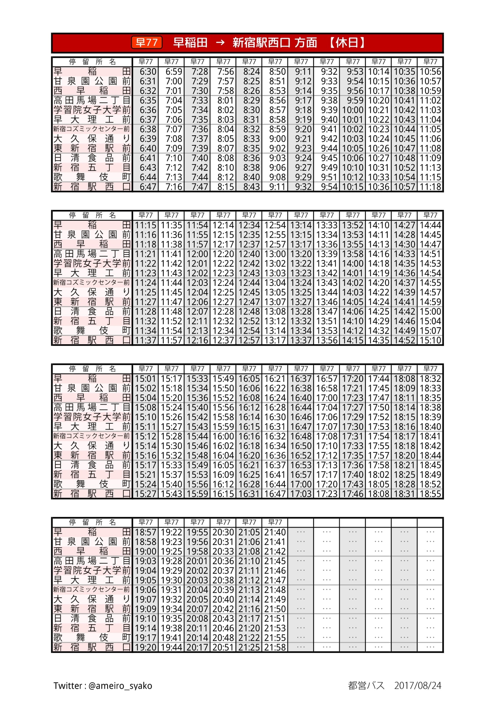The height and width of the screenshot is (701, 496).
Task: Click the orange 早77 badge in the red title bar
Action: click(x=147, y=42)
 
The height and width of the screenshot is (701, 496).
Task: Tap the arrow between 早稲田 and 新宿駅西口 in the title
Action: click(x=220, y=42)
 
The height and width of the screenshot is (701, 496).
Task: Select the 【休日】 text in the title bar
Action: click(x=347, y=42)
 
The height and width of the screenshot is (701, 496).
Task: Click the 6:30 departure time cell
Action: click(x=145, y=72)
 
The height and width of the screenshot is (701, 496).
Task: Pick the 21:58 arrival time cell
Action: click(x=275, y=647)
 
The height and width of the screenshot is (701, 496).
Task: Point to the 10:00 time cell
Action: click(x=353, y=110)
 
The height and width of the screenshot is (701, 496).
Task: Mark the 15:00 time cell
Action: click(x=430, y=312)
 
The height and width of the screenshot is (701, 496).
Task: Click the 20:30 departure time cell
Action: click(x=223, y=532)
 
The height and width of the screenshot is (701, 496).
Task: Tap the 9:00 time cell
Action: click(x=275, y=139)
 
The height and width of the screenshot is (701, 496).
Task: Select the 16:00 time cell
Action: click(x=223, y=436)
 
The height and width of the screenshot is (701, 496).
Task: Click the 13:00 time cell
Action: click(x=275, y=254)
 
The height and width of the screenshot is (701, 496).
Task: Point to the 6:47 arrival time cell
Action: click(x=145, y=187)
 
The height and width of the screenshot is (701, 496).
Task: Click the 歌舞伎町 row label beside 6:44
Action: click(x=92, y=177)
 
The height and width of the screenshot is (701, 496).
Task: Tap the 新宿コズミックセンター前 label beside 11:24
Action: click(x=92, y=283)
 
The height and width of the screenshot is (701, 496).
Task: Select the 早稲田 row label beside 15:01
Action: click(x=92, y=379)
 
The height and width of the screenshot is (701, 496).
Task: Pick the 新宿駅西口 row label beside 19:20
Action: click(x=92, y=647)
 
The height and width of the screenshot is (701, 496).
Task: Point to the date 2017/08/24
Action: click(x=417, y=686)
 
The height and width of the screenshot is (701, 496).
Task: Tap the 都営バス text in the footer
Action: click(x=366, y=686)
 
